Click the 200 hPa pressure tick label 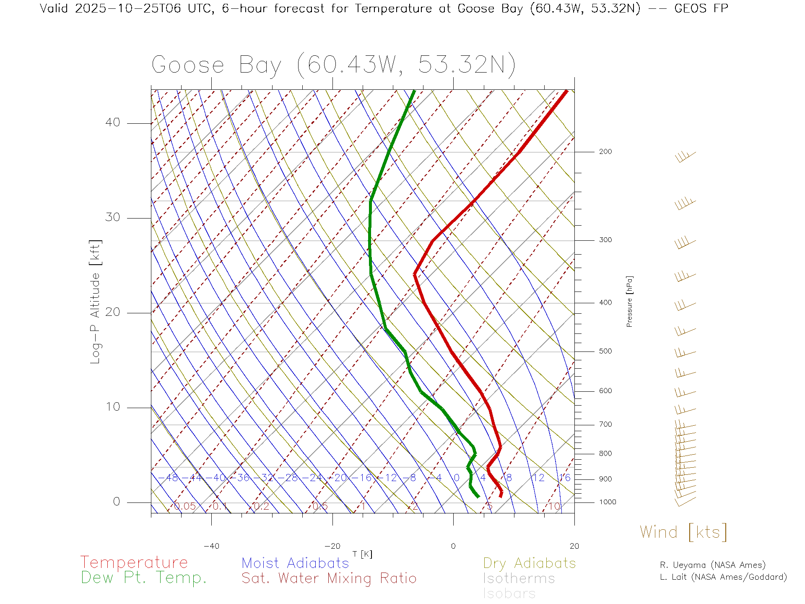(x=605, y=152)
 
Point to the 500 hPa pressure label (x=605, y=351)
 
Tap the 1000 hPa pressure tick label (x=608, y=502)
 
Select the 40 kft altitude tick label (x=112, y=122)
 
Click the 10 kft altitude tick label (x=112, y=407)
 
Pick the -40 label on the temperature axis (x=211, y=546)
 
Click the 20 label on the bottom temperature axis (x=574, y=546)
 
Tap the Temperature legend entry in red (x=134, y=562)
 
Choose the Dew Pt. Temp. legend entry (x=144, y=578)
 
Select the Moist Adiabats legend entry (x=295, y=563)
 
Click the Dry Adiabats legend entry (x=529, y=563)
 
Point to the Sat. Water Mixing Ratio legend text (x=329, y=578)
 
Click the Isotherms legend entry (x=519, y=578)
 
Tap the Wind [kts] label (x=683, y=532)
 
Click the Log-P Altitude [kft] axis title (x=96, y=302)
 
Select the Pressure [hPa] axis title (x=629, y=301)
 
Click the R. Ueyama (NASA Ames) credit (x=712, y=565)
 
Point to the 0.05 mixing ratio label (x=184, y=506)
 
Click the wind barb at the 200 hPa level (x=685, y=156)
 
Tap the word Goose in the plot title (x=188, y=65)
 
